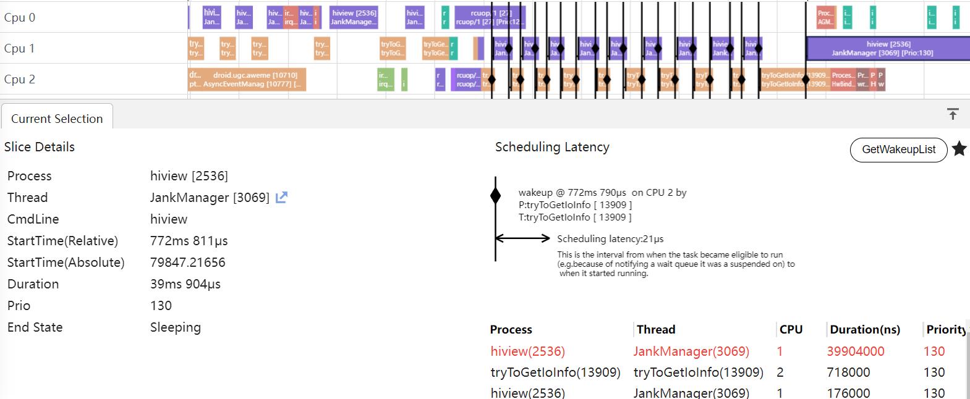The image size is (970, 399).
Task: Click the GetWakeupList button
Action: tap(898, 149)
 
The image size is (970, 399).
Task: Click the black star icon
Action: tap(959, 149)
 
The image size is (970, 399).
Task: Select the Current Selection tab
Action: tap(57, 119)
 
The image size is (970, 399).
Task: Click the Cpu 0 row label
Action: tap(20, 17)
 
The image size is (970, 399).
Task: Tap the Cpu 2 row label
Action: tap(20, 79)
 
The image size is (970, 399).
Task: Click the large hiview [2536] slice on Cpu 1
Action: tap(888, 48)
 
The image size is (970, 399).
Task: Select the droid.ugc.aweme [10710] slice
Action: tap(247, 79)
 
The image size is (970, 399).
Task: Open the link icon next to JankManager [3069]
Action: tap(281, 198)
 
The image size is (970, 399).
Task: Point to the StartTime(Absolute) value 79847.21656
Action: tap(188, 262)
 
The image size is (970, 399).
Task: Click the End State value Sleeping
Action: tap(176, 327)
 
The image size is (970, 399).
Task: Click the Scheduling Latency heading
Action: tap(552, 147)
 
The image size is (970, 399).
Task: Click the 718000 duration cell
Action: tap(848, 372)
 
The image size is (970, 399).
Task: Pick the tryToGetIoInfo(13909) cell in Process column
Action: tap(555, 372)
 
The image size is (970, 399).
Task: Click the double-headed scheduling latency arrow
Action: tap(523, 238)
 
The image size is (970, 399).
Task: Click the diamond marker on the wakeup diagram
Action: tap(495, 196)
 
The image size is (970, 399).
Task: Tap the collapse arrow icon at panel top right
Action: tap(953, 114)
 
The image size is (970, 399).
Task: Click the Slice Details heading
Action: tap(40, 147)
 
